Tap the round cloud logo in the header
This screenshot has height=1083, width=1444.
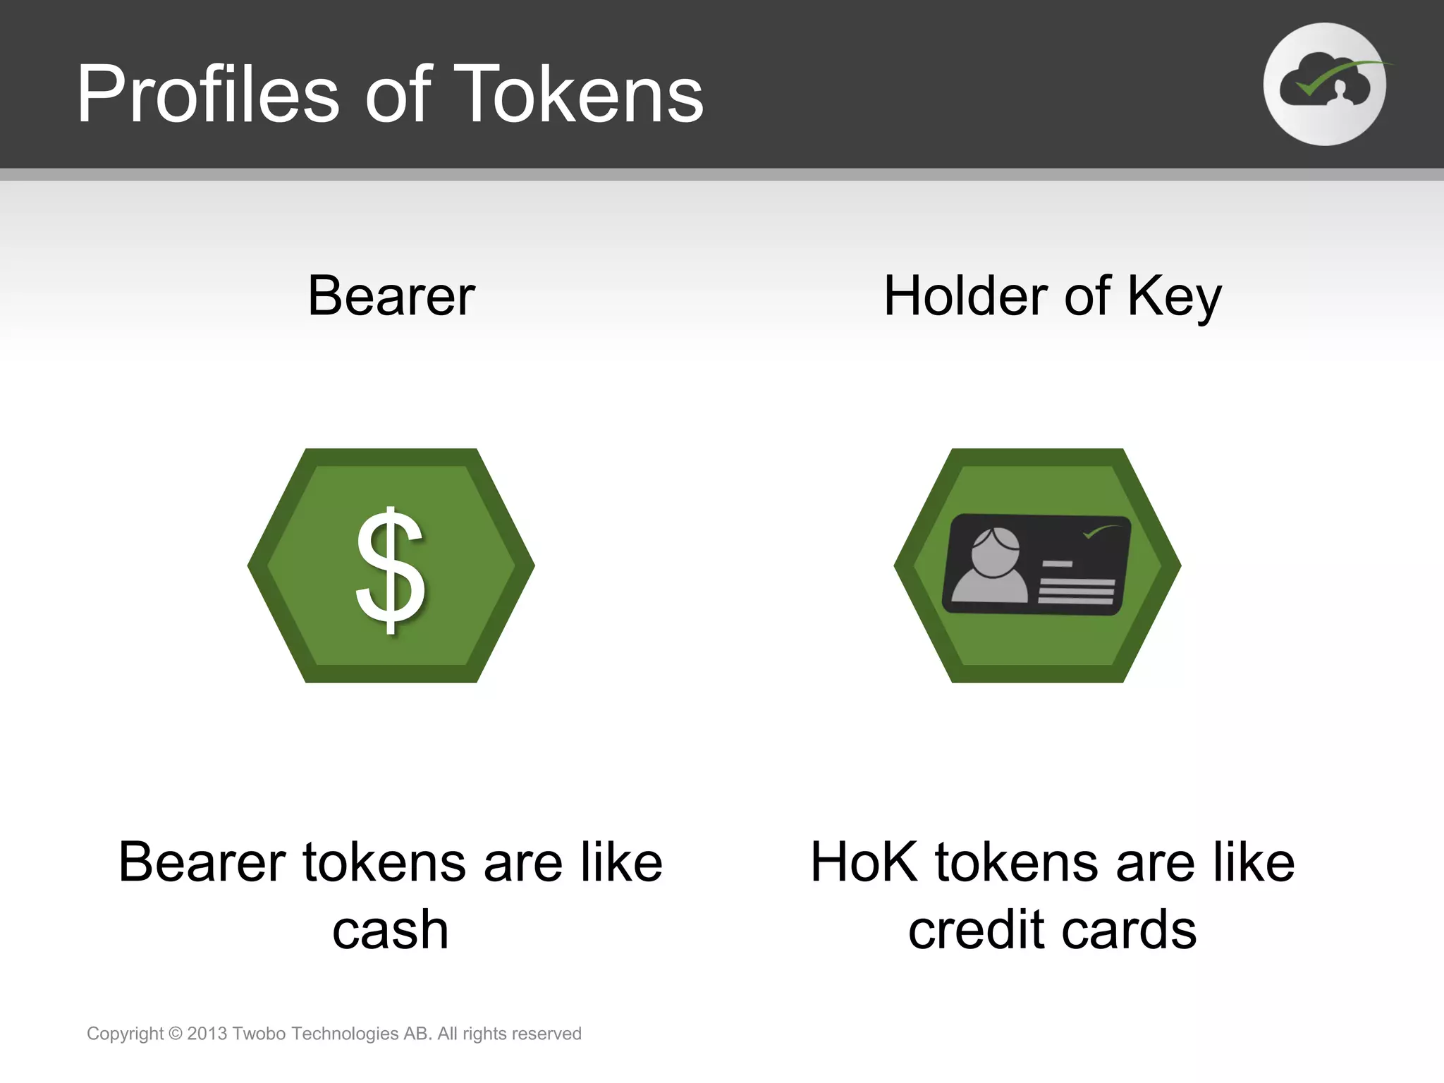click(1324, 85)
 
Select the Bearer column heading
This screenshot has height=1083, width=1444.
click(391, 296)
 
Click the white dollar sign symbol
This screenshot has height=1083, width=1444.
click(390, 570)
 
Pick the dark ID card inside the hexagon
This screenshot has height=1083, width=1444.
click(1036, 564)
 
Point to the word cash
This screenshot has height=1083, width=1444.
click(390, 929)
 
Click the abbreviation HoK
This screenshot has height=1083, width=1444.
click(864, 862)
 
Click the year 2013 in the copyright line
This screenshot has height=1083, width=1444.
click(207, 1034)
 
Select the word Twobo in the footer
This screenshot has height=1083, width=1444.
click(259, 1034)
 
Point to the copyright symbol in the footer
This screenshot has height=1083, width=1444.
click(176, 1034)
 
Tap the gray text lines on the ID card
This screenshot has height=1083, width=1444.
click(1075, 591)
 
